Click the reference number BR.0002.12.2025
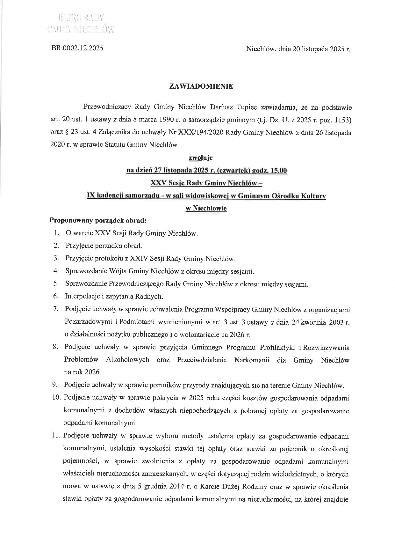(x=77, y=48)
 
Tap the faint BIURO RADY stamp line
(x=81, y=18)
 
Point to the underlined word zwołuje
(x=201, y=158)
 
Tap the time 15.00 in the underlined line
(x=278, y=171)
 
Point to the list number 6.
(x=56, y=296)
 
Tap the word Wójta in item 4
(x=118, y=271)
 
